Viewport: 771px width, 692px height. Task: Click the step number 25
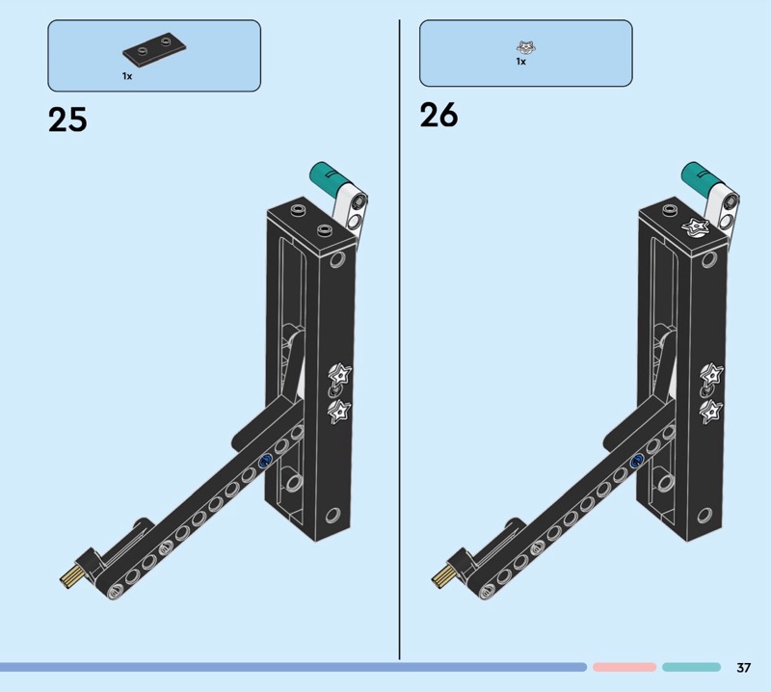click(67, 120)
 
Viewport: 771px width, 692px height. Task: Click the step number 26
click(439, 115)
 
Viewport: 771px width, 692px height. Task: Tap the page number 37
click(743, 667)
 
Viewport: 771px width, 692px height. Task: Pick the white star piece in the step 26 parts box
click(525, 47)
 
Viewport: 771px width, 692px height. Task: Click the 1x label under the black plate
click(127, 76)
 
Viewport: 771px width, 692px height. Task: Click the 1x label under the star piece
click(520, 62)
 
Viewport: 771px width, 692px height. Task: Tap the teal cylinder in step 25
click(326, 177)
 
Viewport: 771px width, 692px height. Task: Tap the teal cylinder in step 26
click(698, 177)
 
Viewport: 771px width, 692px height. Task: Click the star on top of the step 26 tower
click(696, 228)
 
